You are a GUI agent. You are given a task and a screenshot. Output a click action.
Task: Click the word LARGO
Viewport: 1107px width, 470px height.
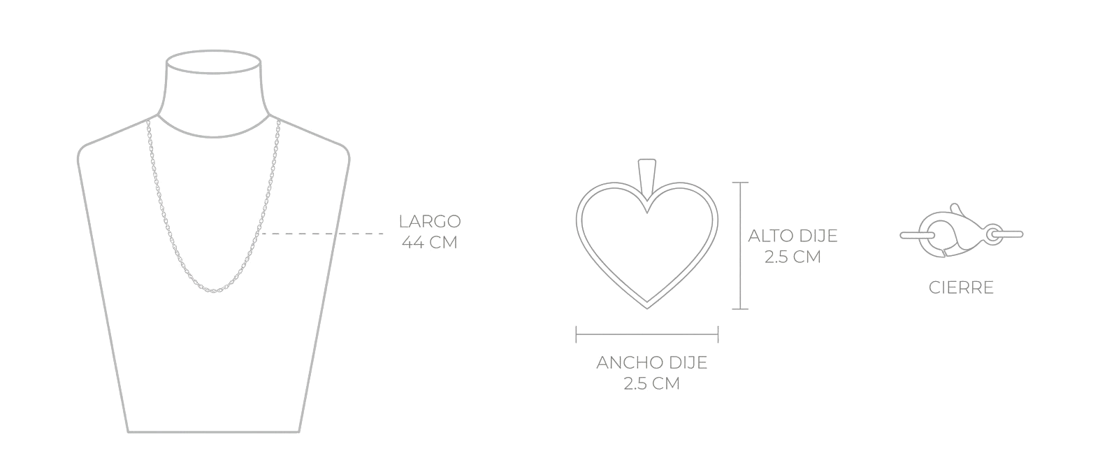tap(430, 222)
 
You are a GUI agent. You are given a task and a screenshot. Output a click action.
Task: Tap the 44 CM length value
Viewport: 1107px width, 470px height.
tap(430, 243)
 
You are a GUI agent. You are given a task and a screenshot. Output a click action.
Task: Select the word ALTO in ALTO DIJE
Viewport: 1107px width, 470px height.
tap(770, 236)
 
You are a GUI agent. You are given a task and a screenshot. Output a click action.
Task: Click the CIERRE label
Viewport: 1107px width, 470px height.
tap(961, 288)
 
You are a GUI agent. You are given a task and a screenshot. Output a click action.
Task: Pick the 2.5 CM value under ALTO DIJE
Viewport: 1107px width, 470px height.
tap(793, 257)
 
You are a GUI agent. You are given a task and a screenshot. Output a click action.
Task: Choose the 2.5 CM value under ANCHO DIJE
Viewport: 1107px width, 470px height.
tap(652, 383)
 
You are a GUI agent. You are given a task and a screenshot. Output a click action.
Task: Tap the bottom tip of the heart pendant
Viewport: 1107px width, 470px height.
tap(647, 308)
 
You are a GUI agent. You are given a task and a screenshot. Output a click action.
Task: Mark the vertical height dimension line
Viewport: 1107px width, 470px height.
tap(740, 246)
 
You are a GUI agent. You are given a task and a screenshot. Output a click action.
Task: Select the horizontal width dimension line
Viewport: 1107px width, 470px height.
tap(647, 334)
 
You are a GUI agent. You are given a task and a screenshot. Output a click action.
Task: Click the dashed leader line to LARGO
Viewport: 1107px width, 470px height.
tap(321, 233)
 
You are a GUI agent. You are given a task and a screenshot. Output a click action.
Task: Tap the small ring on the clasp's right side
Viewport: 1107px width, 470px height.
tap(993, 234)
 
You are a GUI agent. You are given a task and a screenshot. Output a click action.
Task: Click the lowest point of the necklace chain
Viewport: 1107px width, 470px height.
tap(213, 291)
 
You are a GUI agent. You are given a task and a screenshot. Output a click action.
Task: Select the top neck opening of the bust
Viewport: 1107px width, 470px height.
tap(213, 62)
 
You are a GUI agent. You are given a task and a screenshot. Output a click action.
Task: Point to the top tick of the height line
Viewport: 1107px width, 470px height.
tap(740, 182)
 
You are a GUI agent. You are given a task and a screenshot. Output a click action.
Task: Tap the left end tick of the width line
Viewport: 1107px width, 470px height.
tap(577, 334)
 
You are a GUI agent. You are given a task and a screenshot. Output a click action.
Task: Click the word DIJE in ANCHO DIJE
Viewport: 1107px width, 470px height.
tap(688, 363)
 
